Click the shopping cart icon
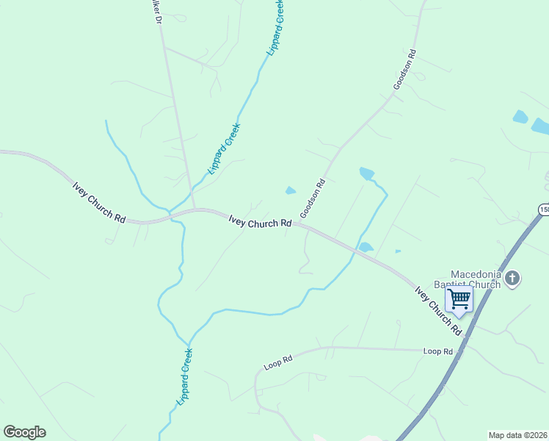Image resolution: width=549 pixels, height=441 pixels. pos(459,299)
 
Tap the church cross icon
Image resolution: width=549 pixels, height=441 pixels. pos(512,279)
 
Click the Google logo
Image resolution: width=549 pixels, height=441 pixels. pos(24,432)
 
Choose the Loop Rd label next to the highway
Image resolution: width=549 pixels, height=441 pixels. pos(438,351)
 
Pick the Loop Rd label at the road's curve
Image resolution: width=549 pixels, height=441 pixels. pos(278,362)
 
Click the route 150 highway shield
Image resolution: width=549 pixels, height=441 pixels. pos(544,210)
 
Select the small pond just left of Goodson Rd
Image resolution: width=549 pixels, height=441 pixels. pos(291,191)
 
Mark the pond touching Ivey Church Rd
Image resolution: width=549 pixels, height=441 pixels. pos(366,247)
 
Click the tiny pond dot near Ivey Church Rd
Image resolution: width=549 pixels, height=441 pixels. pos(398,251)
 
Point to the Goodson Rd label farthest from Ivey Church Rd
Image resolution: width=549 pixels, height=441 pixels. pos(404,70)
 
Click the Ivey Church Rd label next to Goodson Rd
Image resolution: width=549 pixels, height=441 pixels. pos(260,221)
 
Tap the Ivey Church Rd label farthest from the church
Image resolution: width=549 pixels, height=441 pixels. pos(99,201)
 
